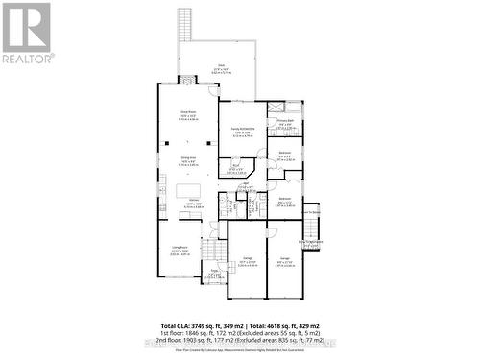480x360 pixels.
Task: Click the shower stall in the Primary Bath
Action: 275,108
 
